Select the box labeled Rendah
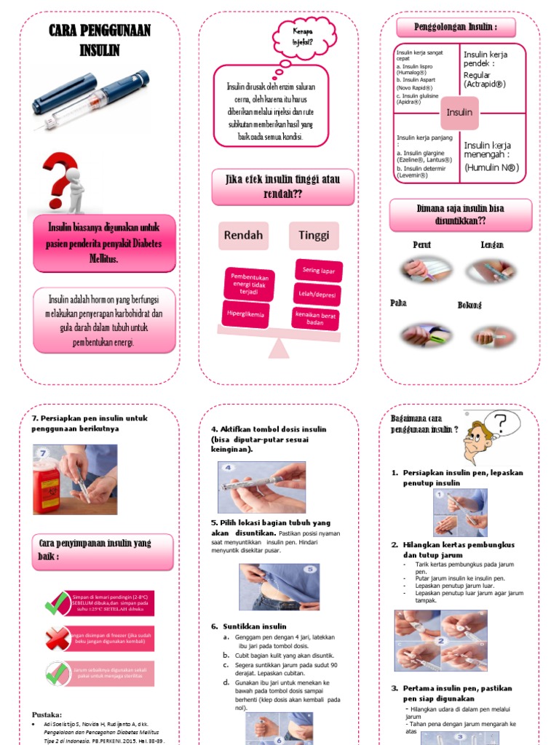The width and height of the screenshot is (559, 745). [x=243, y=236]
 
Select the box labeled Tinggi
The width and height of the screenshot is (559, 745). [x=314, y=236]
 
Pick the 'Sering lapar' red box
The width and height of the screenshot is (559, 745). [x=318, y=271]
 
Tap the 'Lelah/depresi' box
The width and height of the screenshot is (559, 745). [x=317, y=294]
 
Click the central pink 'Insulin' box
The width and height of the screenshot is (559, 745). [x=459, y=113]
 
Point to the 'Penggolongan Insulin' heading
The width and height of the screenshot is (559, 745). [x=456, y=28]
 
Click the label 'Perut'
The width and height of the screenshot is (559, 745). [x=422, y=245]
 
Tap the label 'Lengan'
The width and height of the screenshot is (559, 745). [x=492, y=245]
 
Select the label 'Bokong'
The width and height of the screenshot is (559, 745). [x=469, y=305]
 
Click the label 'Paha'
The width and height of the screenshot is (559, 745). [x=399, y=303]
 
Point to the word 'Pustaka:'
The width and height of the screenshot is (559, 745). [x=47, y=714]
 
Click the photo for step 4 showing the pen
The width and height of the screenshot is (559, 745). [x=262, y=487]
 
